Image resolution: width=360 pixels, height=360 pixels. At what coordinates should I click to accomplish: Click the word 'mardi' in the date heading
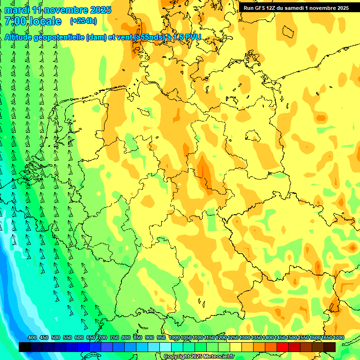(x=16, y=10)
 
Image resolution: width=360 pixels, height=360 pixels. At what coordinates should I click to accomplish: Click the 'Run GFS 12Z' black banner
(x=296, y=8)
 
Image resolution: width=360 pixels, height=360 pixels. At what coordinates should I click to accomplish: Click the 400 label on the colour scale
(x=32, y=338)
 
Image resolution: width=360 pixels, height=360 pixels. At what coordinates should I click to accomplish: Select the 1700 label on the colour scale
(x=338, y=338)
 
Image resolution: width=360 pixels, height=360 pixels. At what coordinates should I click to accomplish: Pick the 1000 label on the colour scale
(x=174, y=338)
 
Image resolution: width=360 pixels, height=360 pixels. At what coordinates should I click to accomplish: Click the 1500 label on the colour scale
(x=292, y=338)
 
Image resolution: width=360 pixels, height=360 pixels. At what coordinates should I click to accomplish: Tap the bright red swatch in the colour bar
(x=283, y=347)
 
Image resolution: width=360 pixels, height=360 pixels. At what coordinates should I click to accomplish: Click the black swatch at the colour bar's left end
(x=25, y=347)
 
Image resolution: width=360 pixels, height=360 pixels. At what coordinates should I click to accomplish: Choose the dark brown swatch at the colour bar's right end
(x=330, y=347)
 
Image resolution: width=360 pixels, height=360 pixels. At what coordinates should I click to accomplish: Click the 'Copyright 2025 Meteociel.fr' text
(x=199, y=356)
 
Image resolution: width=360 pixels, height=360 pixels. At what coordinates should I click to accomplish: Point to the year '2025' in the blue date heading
(x=100, y=10)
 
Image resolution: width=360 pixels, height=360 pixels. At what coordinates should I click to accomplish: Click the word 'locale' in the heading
(x=45, y=21)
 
